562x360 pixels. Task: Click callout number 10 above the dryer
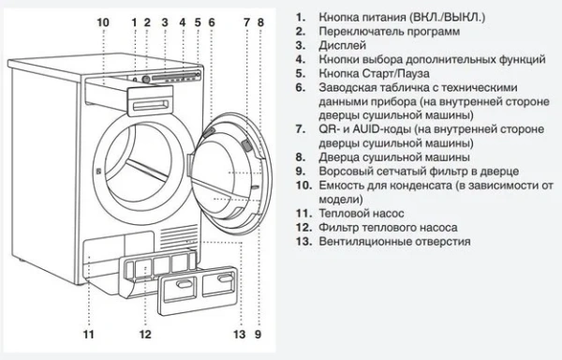[x=102, y=22]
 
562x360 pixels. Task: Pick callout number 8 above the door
[x=258, y=22]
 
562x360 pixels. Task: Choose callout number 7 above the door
[x=245, y=22]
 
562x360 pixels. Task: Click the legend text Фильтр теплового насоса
[x=390, y=227]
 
